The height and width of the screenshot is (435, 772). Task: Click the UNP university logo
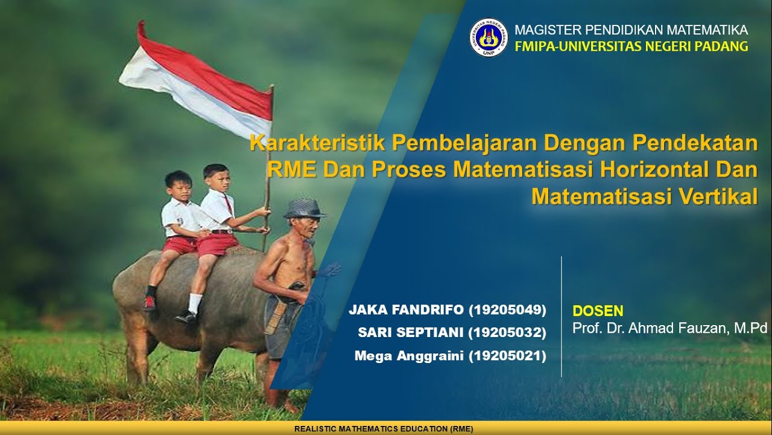click(x=489, y=37)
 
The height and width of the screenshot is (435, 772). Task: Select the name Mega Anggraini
click(x=410, y=356)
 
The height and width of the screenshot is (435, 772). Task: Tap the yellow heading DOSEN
click(x=597, y=311)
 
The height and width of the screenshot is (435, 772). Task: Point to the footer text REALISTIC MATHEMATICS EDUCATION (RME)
click(x=384, y=429)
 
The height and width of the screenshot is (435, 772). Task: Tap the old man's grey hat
click(x=304, y=208)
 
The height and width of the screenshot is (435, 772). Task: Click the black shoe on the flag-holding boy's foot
click(x=186, y=316)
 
